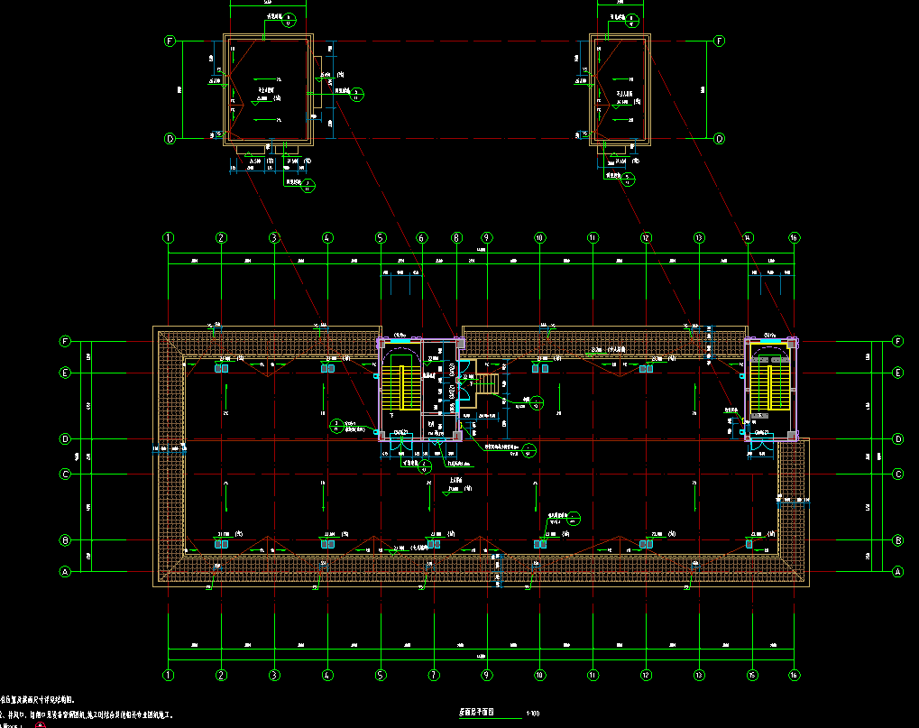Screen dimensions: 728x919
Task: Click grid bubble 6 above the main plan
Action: pos(420,237)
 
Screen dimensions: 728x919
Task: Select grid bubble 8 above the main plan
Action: pos(457,237)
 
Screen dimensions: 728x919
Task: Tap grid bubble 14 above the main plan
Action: pos(748,237)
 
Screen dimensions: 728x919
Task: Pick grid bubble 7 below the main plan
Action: pos(434,675)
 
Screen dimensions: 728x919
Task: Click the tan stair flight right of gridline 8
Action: pos(486,383)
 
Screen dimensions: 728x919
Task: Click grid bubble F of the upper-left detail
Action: pos(168,41)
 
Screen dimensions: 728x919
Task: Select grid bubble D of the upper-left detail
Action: pos(168,139)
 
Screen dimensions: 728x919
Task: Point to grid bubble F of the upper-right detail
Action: pos(720,41)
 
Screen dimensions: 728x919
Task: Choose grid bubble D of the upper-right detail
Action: pos(720,139)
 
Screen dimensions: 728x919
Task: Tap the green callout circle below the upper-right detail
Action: pos(628,177)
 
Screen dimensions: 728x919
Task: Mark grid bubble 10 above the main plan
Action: pos(539,237)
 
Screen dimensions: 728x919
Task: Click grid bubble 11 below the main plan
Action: pos(593,675)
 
